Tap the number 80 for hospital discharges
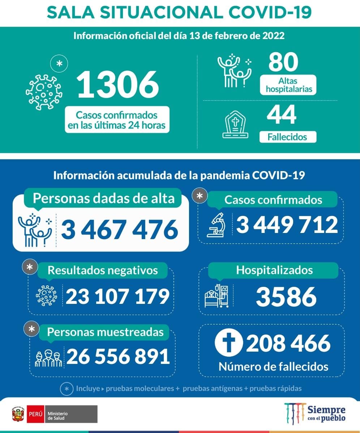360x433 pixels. [x=283, y=62]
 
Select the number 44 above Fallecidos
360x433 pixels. [x=282, y=115]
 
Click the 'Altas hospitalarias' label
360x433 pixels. [x=288, y=85]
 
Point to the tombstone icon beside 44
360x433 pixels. [x=235, y=124]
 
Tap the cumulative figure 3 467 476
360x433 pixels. [x=120, y=229]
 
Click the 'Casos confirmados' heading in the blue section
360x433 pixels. [x=273, y=200]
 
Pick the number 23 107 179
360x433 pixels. [x=117, y=296]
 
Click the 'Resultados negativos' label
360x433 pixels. [x=103, y=270]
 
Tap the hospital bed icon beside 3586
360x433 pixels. [x=217, y=296]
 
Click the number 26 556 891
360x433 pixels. [x=118, y=357]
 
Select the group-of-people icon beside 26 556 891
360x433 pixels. [x=48, y=357]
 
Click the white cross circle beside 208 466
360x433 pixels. [x=229, y=344]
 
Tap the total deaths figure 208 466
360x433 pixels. [x=288, y=344]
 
